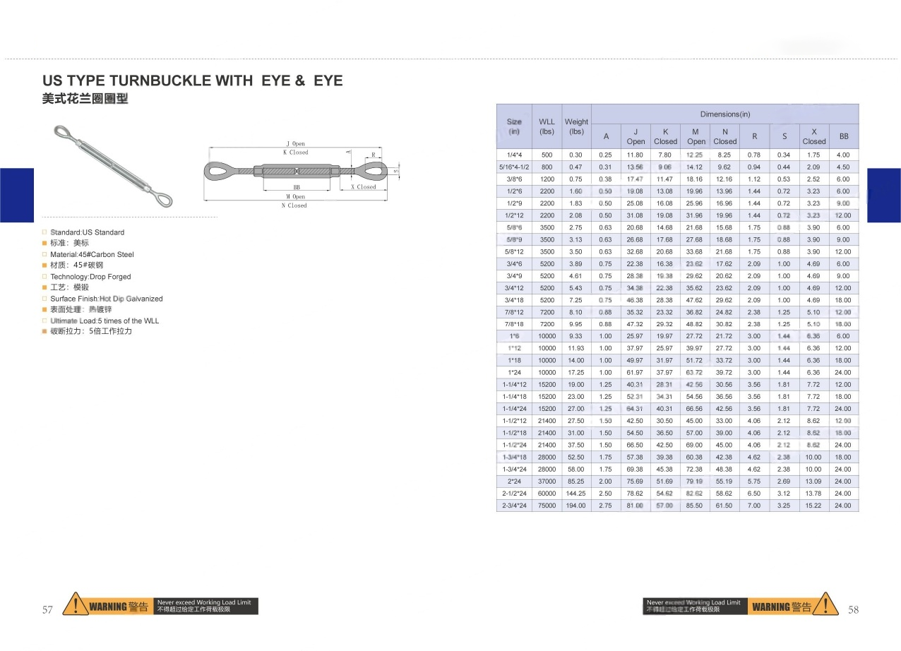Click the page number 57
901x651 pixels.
[48, 609]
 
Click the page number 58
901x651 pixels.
[853, 609]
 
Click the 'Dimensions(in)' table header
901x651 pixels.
[724, 114]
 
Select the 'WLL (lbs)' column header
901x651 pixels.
[547, 126]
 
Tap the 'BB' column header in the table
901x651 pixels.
[843, 136]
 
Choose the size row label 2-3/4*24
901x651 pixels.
[514, 506]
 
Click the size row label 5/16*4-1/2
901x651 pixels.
[514, 167]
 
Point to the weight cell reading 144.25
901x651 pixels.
[576, 494]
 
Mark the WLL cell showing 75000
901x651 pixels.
[547, 506]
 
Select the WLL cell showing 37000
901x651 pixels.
[547, 482]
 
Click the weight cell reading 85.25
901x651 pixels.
[576, 482]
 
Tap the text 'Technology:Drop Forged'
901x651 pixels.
[90, 277]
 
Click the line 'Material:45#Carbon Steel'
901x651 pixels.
[92, 254]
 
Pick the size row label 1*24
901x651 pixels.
[514, 372]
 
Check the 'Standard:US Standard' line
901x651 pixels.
[87, 232]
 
